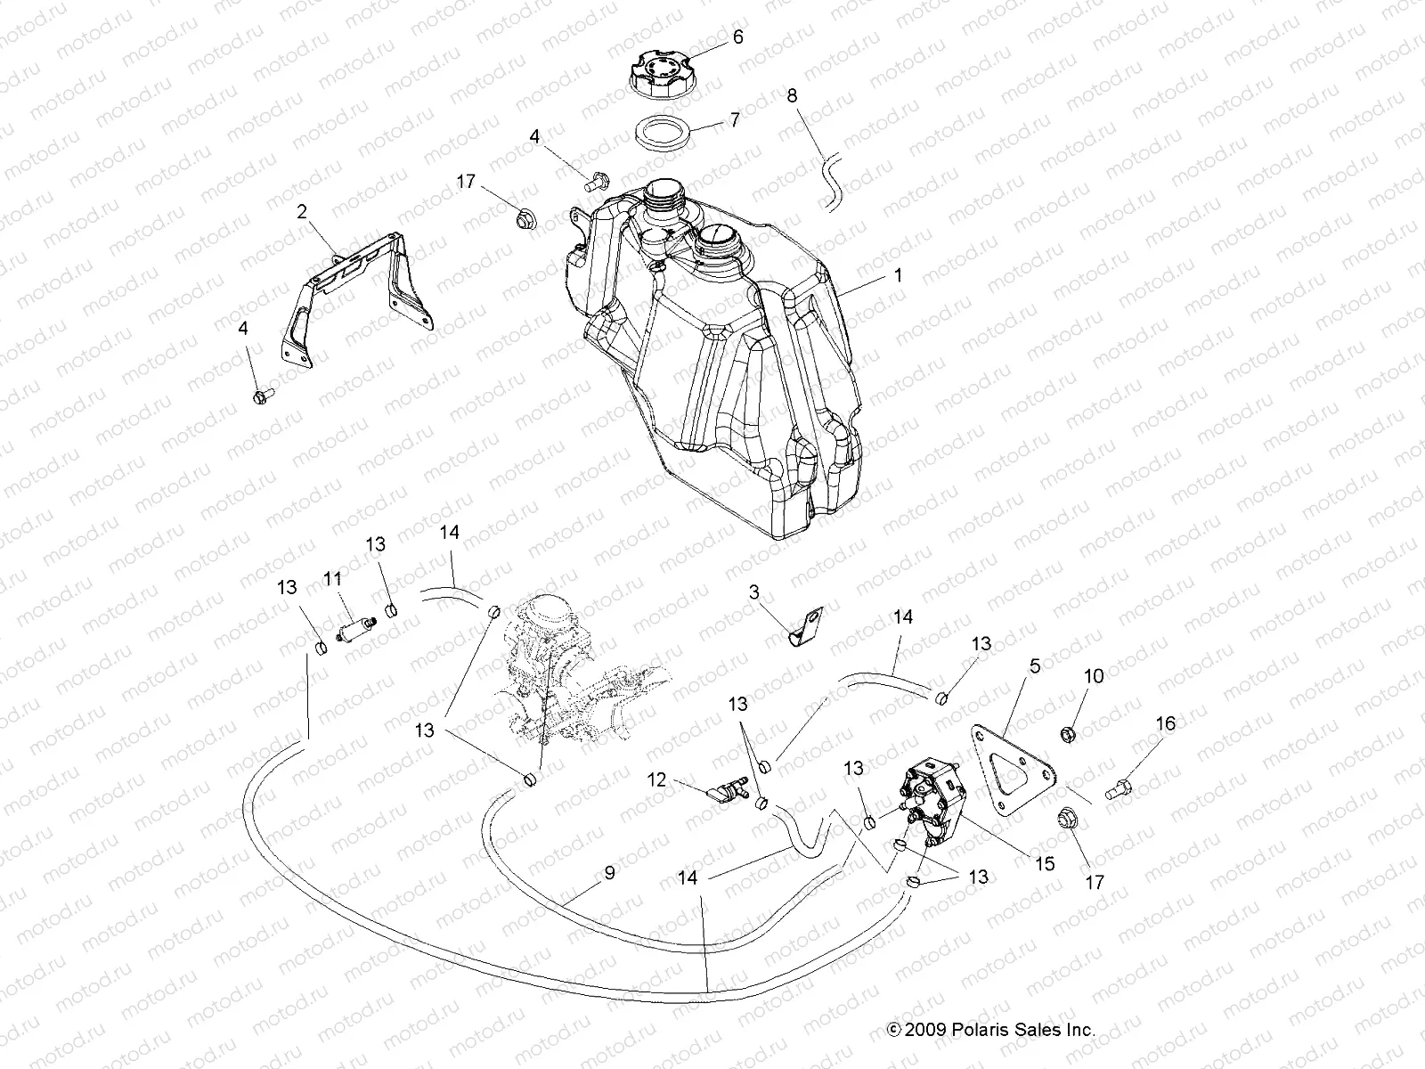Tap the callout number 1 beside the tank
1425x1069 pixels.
pos(898,276)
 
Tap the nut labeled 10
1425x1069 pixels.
pos(1065,734)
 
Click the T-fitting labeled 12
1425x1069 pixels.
pos(727,789)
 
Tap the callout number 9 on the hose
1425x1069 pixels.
pos(609,873)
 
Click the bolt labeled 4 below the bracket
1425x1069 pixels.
pos(262,393)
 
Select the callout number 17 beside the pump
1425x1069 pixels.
pos(1095,882)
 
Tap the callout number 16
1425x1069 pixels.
pos(1166,723)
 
